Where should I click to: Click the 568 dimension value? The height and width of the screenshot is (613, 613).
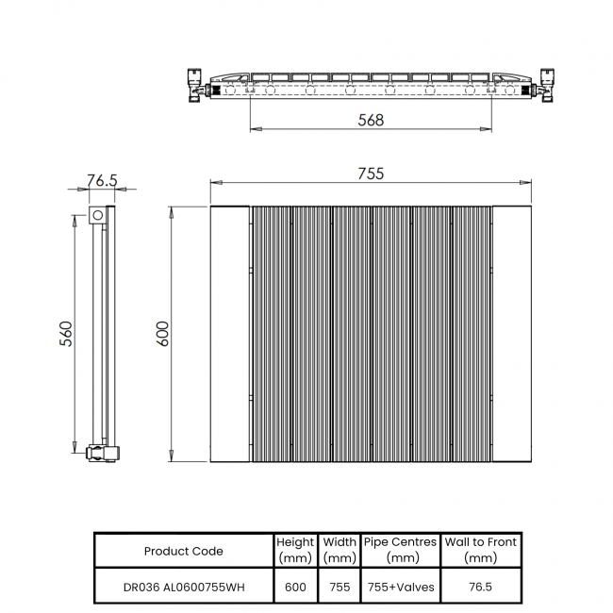click(x=371, y=120)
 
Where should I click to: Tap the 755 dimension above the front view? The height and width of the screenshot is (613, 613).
click(x=371, y=174)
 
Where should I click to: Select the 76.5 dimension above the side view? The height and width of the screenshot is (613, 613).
click(x=102, y=180)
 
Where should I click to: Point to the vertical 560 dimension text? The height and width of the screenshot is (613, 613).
click(x=66, y=334)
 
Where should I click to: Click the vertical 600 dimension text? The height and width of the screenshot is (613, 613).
click(x=162, y=334)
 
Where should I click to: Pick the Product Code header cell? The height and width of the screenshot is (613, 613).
click(x=184, y=551)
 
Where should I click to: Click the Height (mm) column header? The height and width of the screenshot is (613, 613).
click(x=295, y=550)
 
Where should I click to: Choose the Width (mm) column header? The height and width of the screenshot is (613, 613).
click(x=340, y=550)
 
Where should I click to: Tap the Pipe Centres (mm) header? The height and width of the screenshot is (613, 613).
click(x=400, y=550)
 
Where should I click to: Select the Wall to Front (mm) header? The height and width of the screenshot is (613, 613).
click(x=480, y=550)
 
